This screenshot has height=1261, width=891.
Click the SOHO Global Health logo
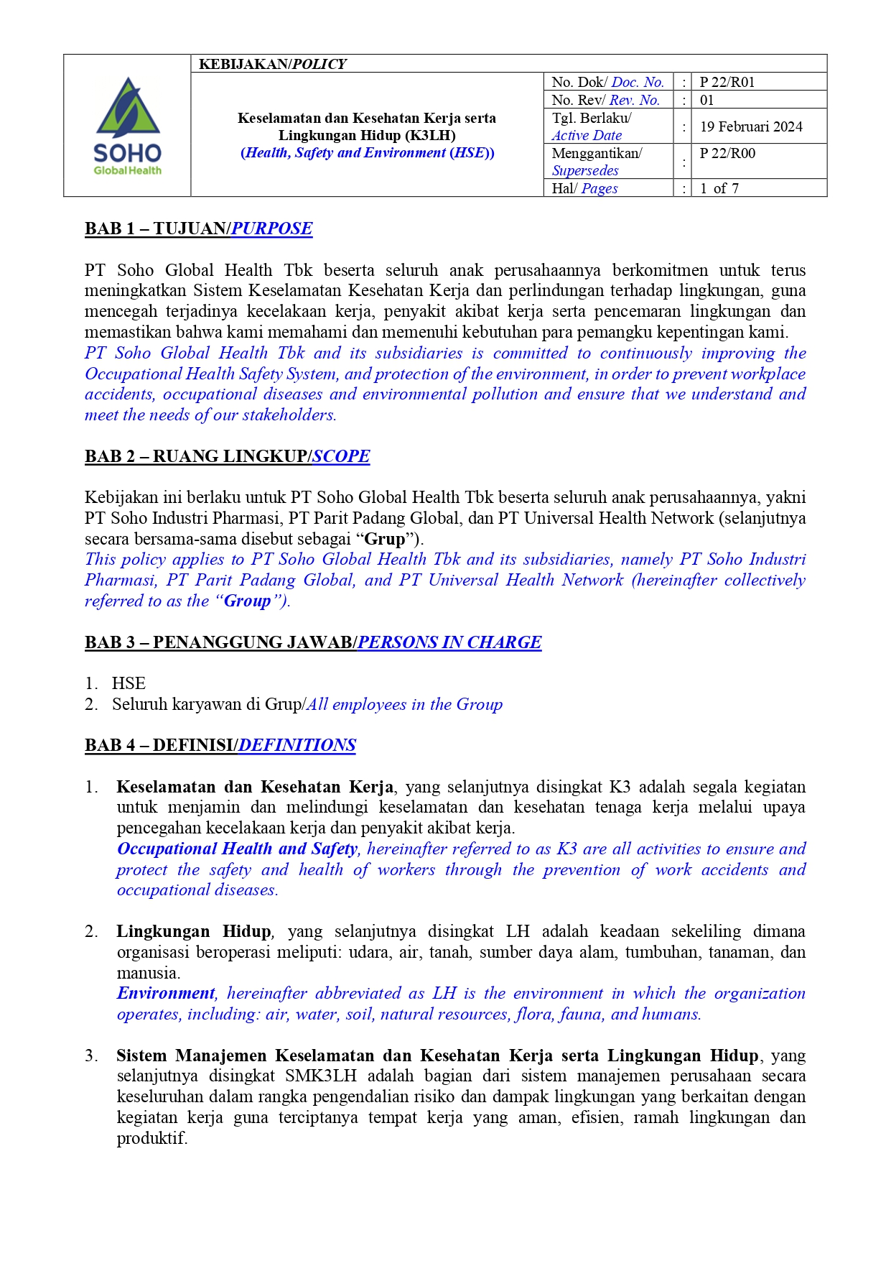[x=127, y=126]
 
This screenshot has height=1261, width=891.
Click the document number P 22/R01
[x=727, y=82]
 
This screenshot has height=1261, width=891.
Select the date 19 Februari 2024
[x=751, y=126]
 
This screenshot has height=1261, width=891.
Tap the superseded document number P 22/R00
[x=727, y=153]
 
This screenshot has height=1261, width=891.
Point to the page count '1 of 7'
[x=719, y=188]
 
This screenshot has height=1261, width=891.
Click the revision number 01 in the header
[x=707, y=100]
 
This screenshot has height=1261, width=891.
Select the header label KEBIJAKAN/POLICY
[x=272, y=64]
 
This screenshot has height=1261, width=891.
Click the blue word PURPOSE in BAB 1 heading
[x=271, y=228]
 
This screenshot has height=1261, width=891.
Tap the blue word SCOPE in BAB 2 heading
[x=341, y=456]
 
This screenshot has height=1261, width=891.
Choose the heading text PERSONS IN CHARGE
[x=449, y=642]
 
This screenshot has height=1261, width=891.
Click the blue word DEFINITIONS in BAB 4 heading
[x=297, y=745]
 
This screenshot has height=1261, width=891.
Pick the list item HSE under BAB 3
[x=129, y=683]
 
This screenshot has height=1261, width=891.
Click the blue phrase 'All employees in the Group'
[x=404, y=704]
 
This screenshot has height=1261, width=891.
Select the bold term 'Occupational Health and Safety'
[x=237, y=849]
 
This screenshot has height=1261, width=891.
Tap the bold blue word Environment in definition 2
[x=166, y=993]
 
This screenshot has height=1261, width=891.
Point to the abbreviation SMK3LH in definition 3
[x=320, y=1076]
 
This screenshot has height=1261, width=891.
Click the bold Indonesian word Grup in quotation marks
[x=385, y=539]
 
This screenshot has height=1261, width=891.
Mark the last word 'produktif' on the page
[x=151, y=1138]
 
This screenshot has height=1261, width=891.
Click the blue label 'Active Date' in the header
[x=587, y=135]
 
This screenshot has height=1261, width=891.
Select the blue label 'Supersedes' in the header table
[x=585, y=170]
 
